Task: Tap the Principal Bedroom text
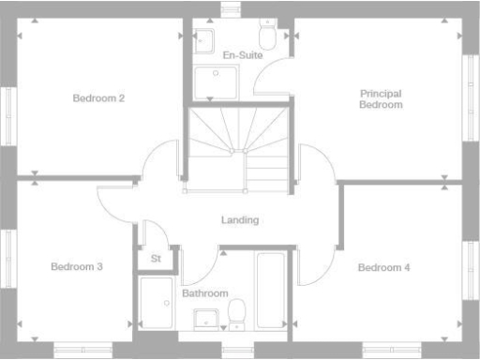[x=381, y=98]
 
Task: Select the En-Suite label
[x=242, y=56]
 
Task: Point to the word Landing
[x=240, y=220]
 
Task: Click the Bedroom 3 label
[x=77, y=267]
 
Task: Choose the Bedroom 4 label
[x=384, y=267]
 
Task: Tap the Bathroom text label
[x=205, y=293]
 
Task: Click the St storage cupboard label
[x=155, y=259]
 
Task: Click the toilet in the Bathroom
[x=238, y=312]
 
